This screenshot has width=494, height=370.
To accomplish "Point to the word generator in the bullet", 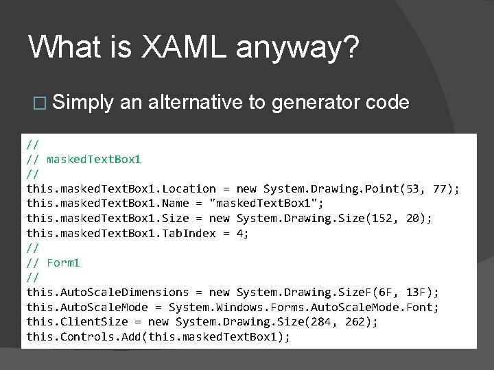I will pyautogui.click(x=315, y=103).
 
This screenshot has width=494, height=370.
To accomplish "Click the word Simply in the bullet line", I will pyautogui.click(x=82, y=103).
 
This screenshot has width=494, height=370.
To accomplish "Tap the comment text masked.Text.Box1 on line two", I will pyautogui.click(x=93, y=159).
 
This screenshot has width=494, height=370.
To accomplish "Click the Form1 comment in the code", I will pyautogui.click(x=63, y=262).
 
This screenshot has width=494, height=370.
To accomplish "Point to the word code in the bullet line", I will pyautogui.click(x=388, y=102).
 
